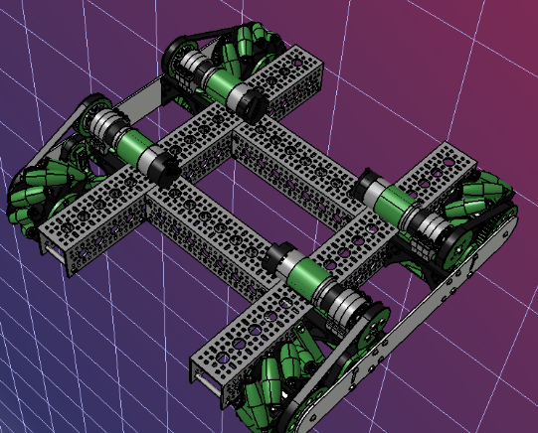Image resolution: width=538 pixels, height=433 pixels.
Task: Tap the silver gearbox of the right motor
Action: tap(428, 226)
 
